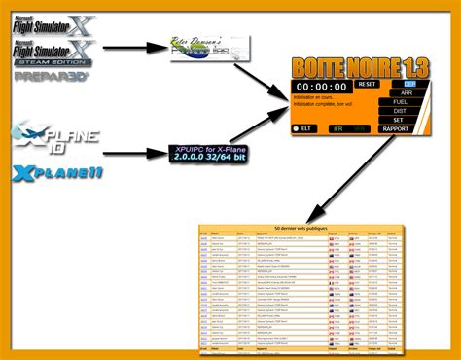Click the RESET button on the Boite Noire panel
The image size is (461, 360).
pyautogui.click(x=366, y=85)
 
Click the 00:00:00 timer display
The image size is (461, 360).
pyautogui.click(x=321, y=86)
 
